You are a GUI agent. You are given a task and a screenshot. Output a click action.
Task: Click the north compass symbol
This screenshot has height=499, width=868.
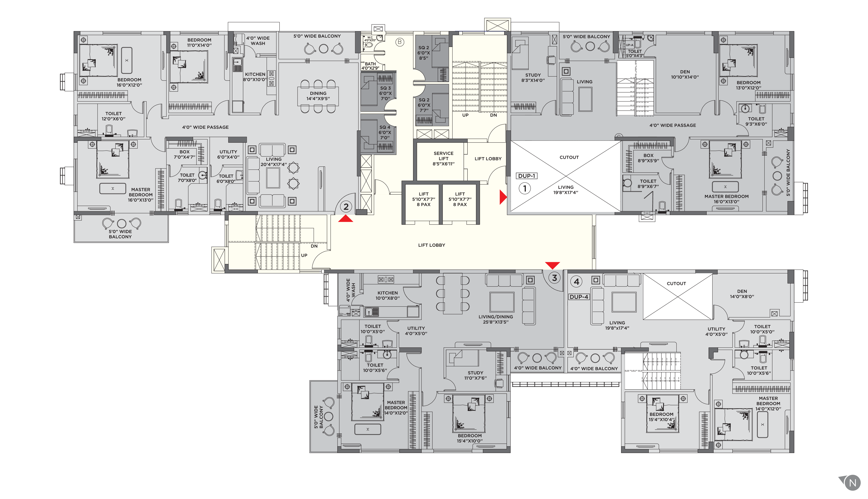click(852, 483)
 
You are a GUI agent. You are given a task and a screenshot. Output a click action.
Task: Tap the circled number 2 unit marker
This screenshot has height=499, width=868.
click(346, 207)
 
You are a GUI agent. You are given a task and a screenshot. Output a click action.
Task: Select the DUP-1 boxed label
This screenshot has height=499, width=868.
click(526, 176)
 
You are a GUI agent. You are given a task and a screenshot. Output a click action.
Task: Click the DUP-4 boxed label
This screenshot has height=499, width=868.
click(579, 297)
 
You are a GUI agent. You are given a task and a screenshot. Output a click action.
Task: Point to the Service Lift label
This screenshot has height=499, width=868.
click(443, 158)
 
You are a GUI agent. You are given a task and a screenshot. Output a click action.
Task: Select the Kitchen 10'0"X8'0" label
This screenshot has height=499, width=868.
click(387, 295)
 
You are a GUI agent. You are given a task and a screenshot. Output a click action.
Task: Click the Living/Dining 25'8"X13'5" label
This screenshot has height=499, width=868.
click(496, 319)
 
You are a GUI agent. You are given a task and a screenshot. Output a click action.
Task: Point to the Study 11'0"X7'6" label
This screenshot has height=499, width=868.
click(475, 375)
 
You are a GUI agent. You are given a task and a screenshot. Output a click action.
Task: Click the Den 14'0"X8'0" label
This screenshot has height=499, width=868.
click(742, 294)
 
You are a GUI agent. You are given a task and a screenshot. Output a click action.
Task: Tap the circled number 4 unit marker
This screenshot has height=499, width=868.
click(576, 282)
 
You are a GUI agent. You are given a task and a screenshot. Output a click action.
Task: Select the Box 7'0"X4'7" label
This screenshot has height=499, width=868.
click(185, 154)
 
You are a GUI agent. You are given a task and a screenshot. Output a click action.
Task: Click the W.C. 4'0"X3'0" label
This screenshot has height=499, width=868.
click(370, 39)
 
